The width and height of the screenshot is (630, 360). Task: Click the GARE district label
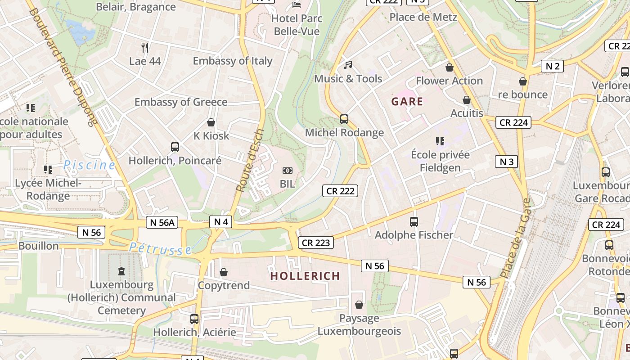point(407,101)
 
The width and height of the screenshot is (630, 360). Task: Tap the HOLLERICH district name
point(305,276)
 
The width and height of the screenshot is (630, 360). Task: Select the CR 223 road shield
point(316,243)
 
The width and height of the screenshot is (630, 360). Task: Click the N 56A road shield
point(162,222)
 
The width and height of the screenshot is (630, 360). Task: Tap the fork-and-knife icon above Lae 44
point(145,47)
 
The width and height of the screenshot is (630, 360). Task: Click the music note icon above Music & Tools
point(348,65)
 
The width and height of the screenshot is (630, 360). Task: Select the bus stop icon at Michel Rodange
point(344,119)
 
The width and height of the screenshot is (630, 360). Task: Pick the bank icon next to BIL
point(288,171)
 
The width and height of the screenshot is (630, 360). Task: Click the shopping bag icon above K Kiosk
point(211,122)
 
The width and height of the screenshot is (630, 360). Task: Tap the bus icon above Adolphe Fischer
point(414,221)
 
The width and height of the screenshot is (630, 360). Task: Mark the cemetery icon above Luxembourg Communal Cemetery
point(121,271)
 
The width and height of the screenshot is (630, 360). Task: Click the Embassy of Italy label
point(233,61)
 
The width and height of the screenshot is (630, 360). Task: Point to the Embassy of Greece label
point(181,102)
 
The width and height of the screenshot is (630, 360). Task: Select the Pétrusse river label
point(161,248)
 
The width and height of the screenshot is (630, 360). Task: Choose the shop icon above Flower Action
point(449,67)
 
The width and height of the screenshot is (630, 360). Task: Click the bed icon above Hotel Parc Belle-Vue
point(297,5)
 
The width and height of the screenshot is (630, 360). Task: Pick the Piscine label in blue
point(89,165)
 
